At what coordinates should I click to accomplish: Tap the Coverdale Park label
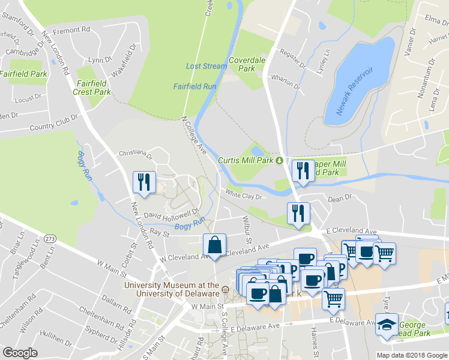tap(242, 64)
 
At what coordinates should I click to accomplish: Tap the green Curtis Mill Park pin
tap(279, 160)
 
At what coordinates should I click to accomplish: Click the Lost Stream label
tap(206, 66)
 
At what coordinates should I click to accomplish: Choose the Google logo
tap(20, 353)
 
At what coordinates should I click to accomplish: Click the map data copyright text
tap(412, 355)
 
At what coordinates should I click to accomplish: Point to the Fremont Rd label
tap(71, 29)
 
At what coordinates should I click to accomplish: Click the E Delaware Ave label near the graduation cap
tap(354, 321)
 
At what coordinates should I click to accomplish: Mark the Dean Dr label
tap(339, 198)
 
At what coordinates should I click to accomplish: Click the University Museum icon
tap(225, 290)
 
